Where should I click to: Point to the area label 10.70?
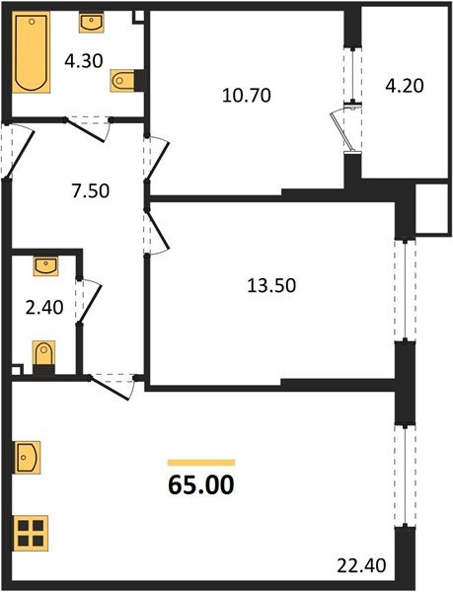(x=242, y=96)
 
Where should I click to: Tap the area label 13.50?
(x=270, y=286)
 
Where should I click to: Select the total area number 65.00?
(x=202, y=485)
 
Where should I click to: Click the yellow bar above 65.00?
(x=201, y=461)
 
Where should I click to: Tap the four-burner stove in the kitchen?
(x=30, y=534)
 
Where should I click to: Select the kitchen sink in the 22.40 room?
(x=27, y=459)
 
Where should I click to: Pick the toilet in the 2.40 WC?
(x=43, y=354)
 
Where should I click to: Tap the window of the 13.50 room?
(x=401, y=290)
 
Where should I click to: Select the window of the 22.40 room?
(x=401, y=475)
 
